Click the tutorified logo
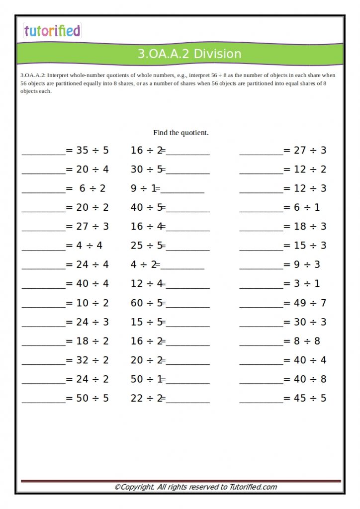pyautogui.click(x=52, y=31)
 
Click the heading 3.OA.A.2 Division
pyautogui.click(x=189, y=54)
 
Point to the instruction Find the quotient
pyautogui.click(x=181, y=133)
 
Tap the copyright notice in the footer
pyautogui.click(x=195, y=487)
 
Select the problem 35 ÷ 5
pyautogui.click(x=92, y=150)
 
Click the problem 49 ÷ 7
pyautogui.click(x=310, y=303)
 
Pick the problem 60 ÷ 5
pyautogui.click(x=147, y=303)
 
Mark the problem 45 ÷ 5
pyautogui.click(x=310, y=398)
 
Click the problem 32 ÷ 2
pyautogui.click(x=92, y=360)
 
